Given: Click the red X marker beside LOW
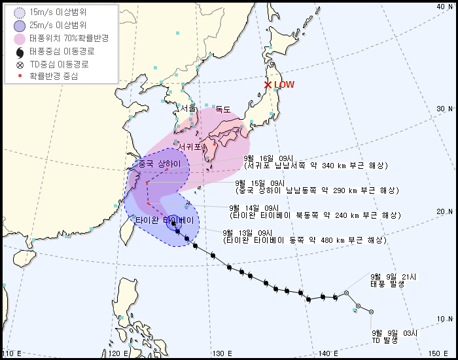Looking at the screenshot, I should click(x=267, y=84).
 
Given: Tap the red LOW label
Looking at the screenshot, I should click(x=284, y=84).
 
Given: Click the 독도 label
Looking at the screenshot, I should click(x=223, y=109).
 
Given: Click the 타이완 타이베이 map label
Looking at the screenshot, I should click(x=164, y=219).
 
